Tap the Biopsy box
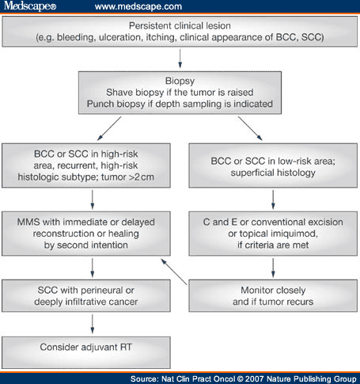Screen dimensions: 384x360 click(180, 91)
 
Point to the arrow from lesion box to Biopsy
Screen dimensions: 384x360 click(180, 59)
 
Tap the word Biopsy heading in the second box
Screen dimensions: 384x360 click(180, 79)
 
